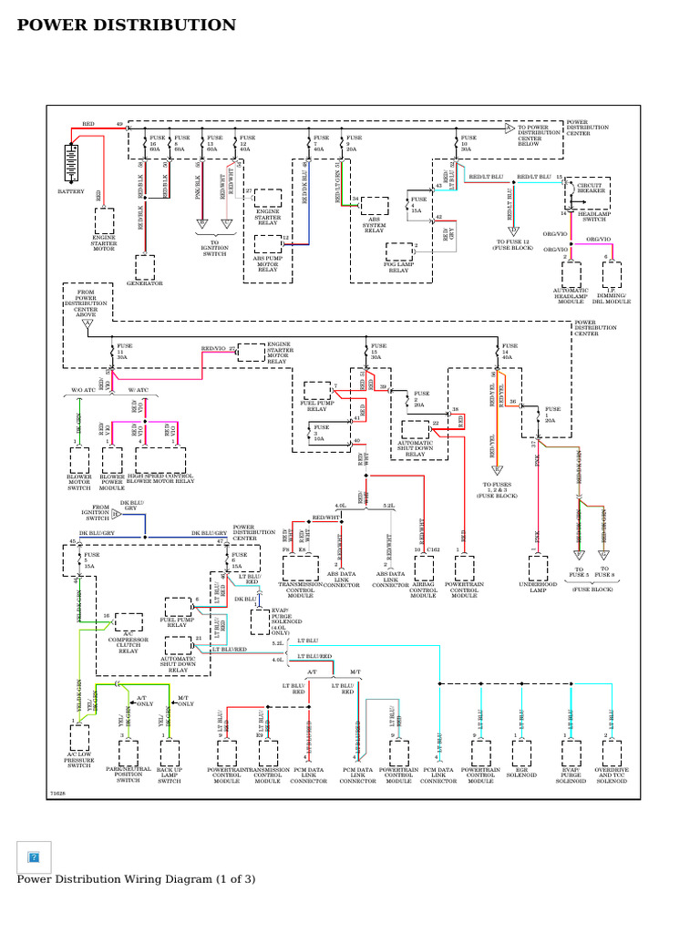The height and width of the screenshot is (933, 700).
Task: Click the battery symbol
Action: pyautogui.click(x=71, y=166)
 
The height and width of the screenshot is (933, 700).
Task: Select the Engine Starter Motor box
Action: pyautogui.click(x=105, y=221)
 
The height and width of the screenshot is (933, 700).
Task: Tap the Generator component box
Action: pyautogui.click(x=145, y=267)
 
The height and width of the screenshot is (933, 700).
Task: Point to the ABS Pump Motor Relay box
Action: pyautogui.click(x=267, y=243)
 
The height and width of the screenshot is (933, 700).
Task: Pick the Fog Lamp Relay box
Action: pyautogui.click(x=399, y=252)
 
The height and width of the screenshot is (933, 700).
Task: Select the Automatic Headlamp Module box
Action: pyautogui.click(x=571, y=274)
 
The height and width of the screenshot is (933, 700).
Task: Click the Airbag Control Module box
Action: pyautogui.click(x=424, y=569)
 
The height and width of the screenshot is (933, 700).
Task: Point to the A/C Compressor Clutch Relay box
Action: pyautogui.click(x=128, y=622)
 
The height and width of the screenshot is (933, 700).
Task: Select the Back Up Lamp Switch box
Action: pyautogui.click(x=170, y=754)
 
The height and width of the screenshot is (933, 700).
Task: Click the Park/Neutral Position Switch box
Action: pyautogui.click(x=129, y=754)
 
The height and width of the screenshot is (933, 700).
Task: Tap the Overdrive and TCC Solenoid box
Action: pyautogui.click(x=612, y=754)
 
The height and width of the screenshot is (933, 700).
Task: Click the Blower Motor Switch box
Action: pyautogui.click(x=79, y=458)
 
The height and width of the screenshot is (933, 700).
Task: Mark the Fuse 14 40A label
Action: pyautogui.click(x=510, y=352)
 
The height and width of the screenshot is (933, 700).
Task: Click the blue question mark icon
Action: pyautogui.click(x=34, y=856)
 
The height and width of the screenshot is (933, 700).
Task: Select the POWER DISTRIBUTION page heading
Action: pyautogui.click(x=127, y=26)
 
